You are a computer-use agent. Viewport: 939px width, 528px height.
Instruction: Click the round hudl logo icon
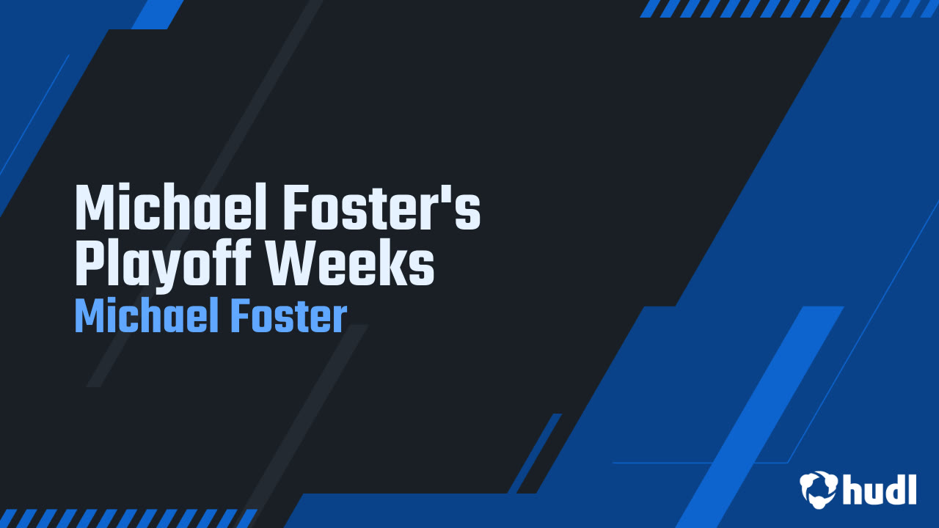(x=819, y=488)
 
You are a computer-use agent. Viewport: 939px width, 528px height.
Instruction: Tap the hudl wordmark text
(x=880, y=488)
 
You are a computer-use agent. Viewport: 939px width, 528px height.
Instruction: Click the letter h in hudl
(x=852, y=488)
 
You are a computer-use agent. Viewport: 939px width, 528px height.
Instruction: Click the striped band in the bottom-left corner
(x=125, y=518)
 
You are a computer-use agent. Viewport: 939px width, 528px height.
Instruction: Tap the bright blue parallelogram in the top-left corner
(x=158, y=14)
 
